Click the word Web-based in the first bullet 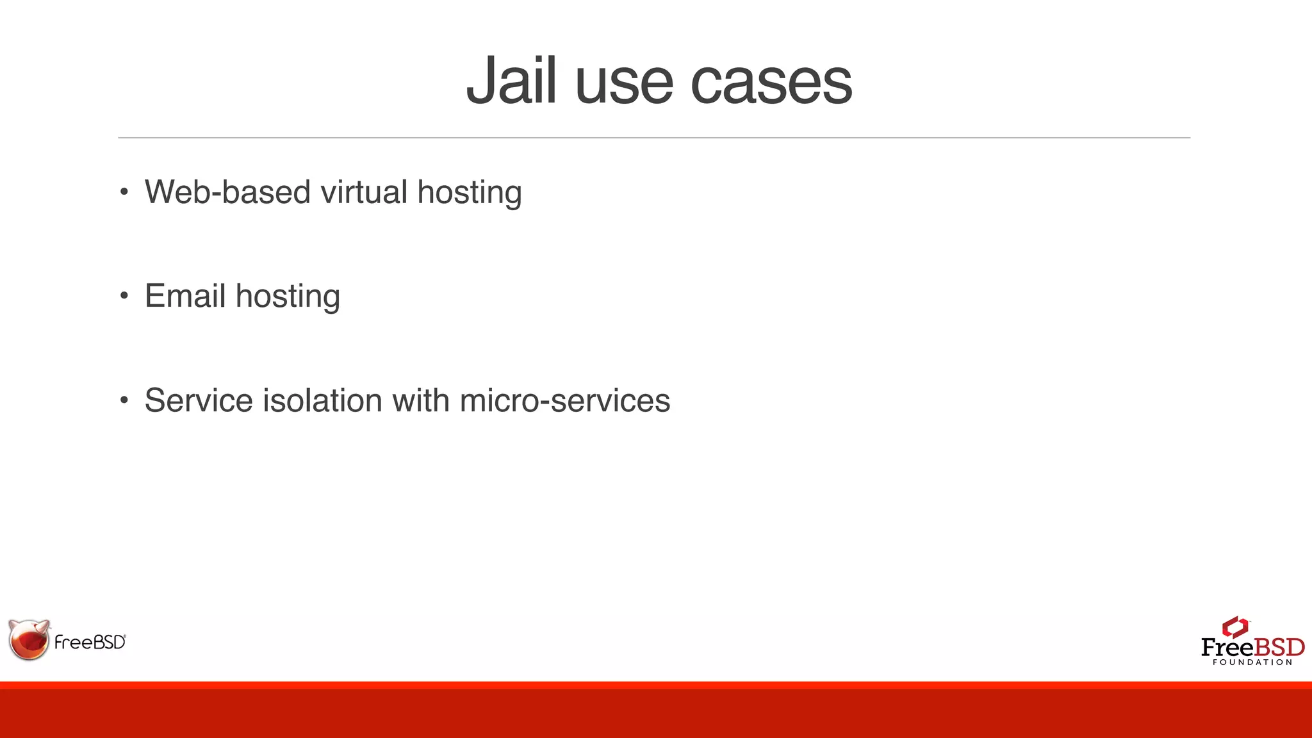click(x=227, y=192)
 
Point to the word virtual click(x=364, y=192)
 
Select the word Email click(x=185, y=296)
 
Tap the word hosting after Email click(x=288, y=297)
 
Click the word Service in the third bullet click(x=199, y=400)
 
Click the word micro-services click(x=565, y=400)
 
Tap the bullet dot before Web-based click(x=124, y=192)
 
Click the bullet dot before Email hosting click(x=124, y=296)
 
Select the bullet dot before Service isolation click(x=124, y=400)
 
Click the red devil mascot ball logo click(x=29, y=639)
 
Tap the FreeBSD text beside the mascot click(x=90, y=643)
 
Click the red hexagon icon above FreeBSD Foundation click(x=1235, y=627)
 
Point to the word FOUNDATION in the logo click(x=1252, y=662)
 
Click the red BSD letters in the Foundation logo click(x=1279, y=647)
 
